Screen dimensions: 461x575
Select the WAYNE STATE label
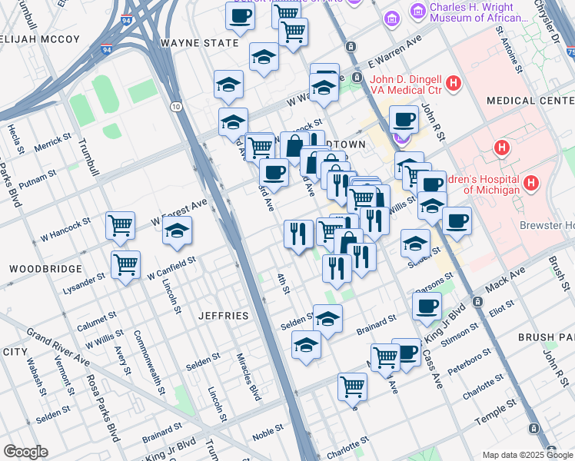pos(198,43)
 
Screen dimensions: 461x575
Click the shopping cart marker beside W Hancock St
pos(121,226)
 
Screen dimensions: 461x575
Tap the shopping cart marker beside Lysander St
pos(125,264)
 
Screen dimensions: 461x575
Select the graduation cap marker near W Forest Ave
pos(177,230)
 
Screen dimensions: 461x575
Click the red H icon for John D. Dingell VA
pos(454,81)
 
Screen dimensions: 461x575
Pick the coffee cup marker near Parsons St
pos(427,306)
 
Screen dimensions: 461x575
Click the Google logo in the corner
pos(25,452)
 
